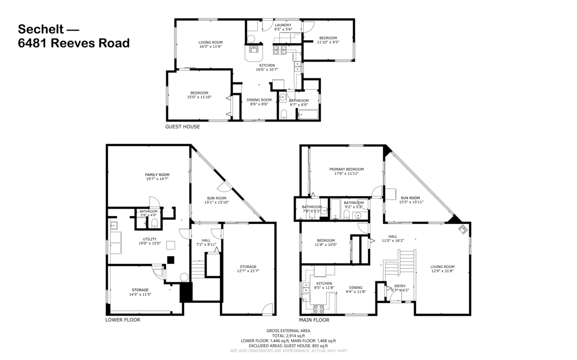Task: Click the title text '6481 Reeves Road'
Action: tap(74, 43)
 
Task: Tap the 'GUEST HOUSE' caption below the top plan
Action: tap(182, 127)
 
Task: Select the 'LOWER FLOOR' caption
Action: tap(123, 320)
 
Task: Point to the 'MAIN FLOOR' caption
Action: tap(314, 320)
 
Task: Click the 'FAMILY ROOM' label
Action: tap(157, 174)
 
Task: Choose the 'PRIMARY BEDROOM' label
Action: tap(346, 169)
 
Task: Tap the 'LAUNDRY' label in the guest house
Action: tap(283, 25)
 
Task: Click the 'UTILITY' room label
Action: tap(150, 238)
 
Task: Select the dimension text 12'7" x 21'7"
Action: tap(248, 271)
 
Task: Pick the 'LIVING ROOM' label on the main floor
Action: tap(442, 267)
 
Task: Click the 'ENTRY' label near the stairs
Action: tap(400, 286)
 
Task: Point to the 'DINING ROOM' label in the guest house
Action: tap(259, 100)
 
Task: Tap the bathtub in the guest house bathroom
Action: tap(308, 114)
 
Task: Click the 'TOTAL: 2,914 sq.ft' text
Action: tap(288, 335)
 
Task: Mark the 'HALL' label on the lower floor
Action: tap(206, 240)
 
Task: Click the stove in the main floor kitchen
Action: tap(318, 308)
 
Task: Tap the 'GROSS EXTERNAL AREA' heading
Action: tap(288, 331)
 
